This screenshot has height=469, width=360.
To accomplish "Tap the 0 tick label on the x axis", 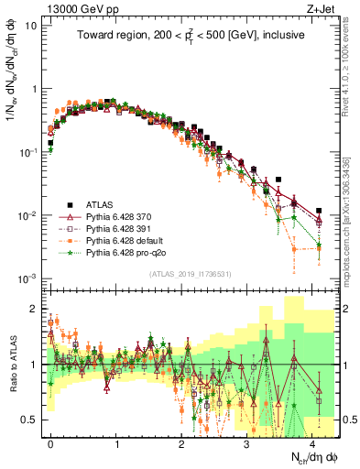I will pyautogui.click(x=50, y=442).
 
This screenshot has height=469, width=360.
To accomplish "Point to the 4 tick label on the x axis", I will pyautogui.click(x=312, y=442).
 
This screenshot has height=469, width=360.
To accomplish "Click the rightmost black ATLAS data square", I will pyautogui.click(x=319, y=211).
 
